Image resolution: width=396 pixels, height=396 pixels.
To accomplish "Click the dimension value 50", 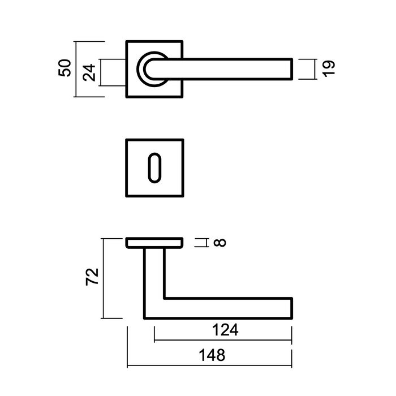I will pos(66,68).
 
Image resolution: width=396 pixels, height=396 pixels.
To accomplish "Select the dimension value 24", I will pos(88,72).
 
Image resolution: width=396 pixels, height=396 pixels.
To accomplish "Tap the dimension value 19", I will pos(331,68).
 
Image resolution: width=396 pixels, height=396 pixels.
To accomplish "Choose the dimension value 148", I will pos(212,356).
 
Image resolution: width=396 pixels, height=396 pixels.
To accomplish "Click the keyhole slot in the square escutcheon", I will pos(154,167).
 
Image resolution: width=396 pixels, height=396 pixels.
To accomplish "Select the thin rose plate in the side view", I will pos(154,243).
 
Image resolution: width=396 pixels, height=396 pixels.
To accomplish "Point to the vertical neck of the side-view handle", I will pos(154,277).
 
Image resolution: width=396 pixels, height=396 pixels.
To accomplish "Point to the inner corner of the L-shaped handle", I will pos(163,298).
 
